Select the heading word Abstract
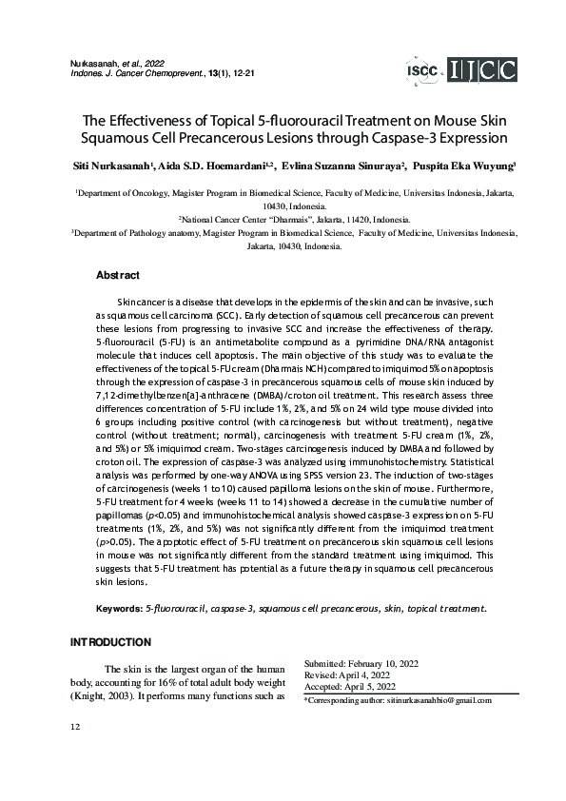(x=118, y=276)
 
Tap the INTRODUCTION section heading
(x=111, y=643)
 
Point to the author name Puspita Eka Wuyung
(x=465, y=166)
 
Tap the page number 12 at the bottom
(x=75, y=728)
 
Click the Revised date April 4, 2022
(x=375, y=674)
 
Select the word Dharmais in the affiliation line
(x=297, y=218)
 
